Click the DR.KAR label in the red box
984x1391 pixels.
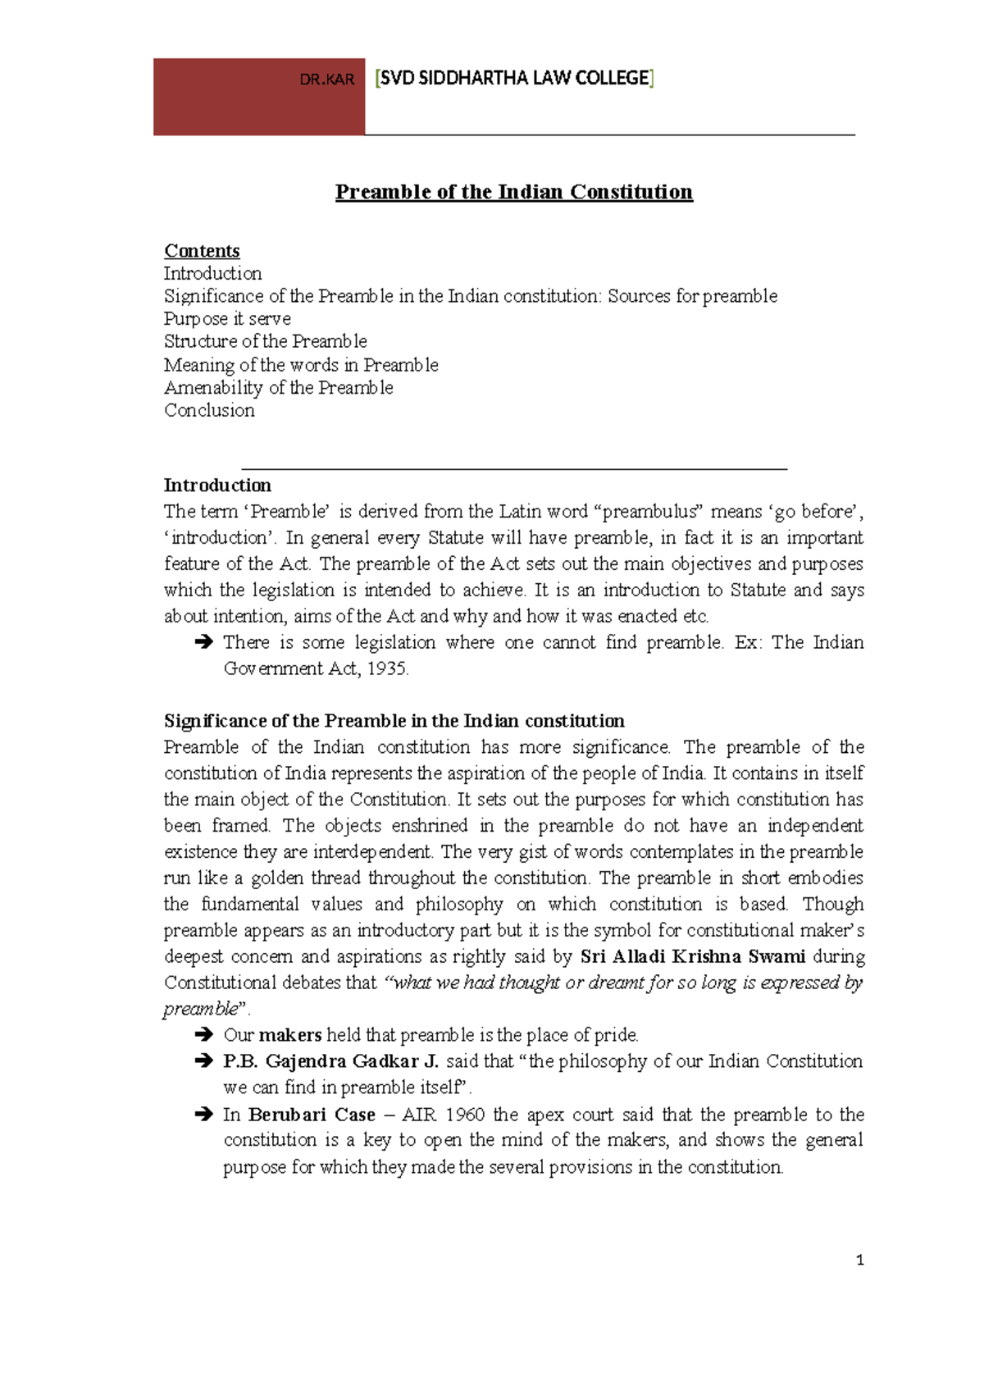326,80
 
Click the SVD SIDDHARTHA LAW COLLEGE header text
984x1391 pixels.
514,78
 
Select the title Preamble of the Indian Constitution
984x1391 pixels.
514,192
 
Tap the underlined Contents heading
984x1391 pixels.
202,251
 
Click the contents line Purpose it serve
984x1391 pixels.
227,319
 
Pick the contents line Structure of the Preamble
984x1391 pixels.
265,341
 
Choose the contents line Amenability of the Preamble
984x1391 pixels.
278,388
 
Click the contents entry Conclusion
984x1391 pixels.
209,410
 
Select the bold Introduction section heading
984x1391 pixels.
217,485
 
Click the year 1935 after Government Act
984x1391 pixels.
386,668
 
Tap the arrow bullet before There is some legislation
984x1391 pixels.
203,643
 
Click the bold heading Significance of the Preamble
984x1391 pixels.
394,721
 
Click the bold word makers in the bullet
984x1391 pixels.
290,1035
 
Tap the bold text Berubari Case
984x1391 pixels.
312,1115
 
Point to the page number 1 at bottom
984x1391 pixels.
859,1261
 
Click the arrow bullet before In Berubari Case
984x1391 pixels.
203,1115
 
